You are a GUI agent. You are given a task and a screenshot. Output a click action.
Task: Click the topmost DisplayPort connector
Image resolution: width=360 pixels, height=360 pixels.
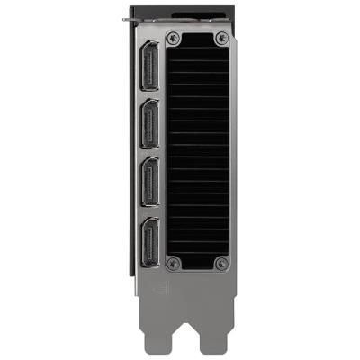coord(150,70)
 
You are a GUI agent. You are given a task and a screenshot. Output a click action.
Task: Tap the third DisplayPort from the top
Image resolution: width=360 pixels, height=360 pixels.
coord(150,183)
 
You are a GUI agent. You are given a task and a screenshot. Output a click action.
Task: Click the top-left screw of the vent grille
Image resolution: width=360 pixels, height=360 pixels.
coord(175,39)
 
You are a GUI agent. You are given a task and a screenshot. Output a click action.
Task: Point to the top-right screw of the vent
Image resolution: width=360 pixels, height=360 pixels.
coord(221,39)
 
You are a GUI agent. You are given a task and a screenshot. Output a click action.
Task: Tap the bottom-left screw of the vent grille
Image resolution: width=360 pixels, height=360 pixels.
coord(175,264)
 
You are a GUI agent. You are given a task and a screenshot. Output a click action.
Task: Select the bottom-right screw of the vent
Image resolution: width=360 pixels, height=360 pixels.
coord(221,264)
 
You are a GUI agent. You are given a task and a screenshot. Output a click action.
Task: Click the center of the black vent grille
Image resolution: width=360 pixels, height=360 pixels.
coord(199,151)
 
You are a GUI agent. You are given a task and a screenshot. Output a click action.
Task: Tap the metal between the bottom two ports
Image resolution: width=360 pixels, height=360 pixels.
coord(150,211)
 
